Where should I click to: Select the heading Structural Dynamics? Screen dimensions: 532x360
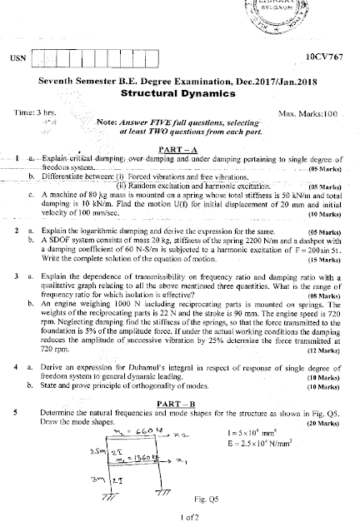pos(180,94)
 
